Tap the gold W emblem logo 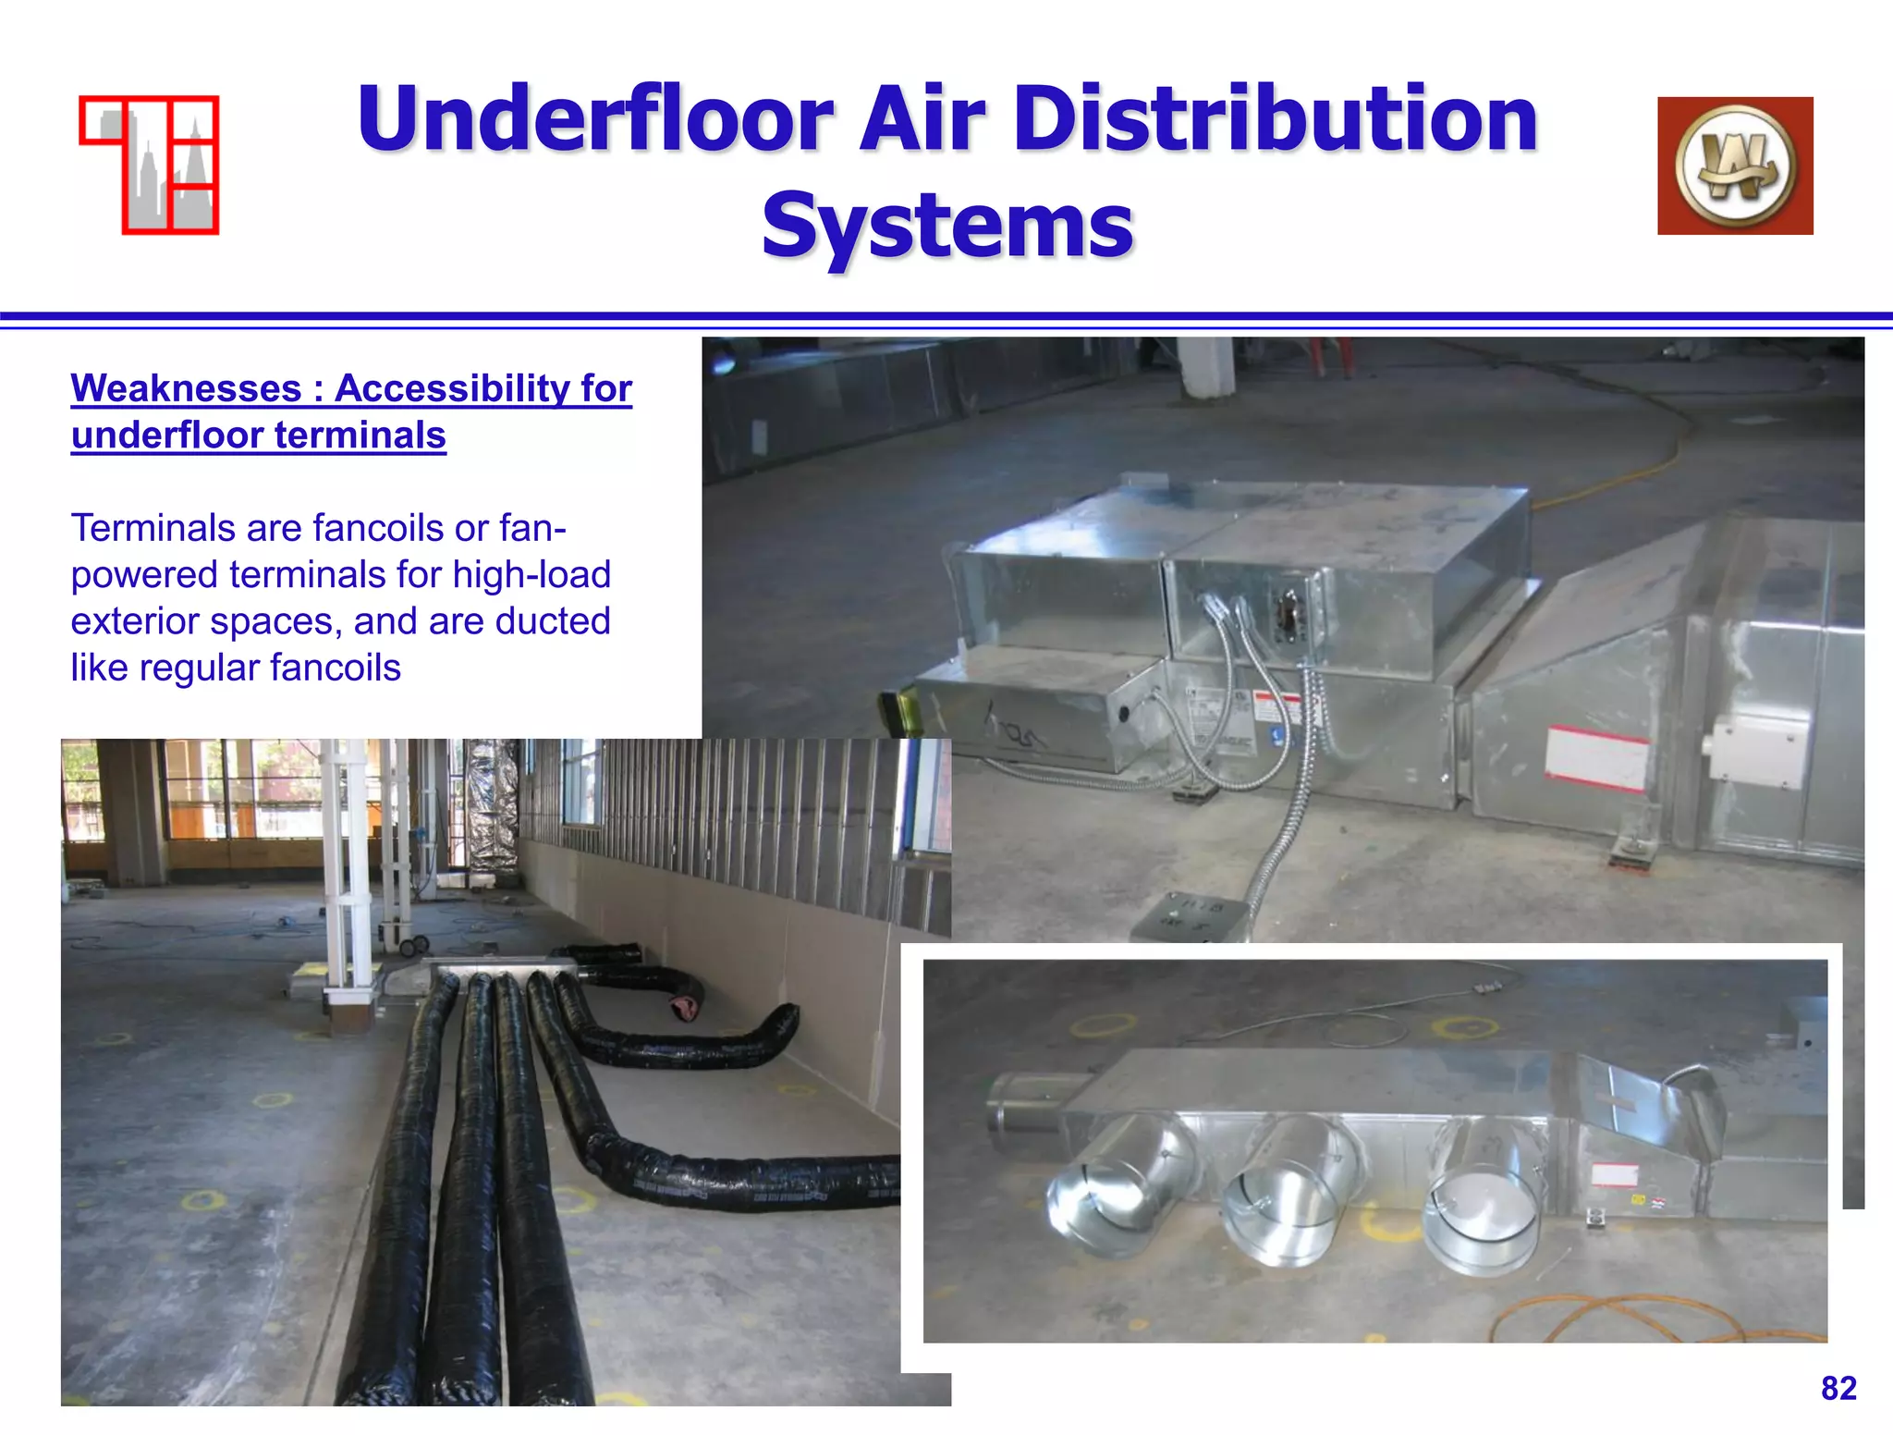pos(1735,166)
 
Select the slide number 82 pos(1838,1388)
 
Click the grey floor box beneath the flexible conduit pos(1188,917)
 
